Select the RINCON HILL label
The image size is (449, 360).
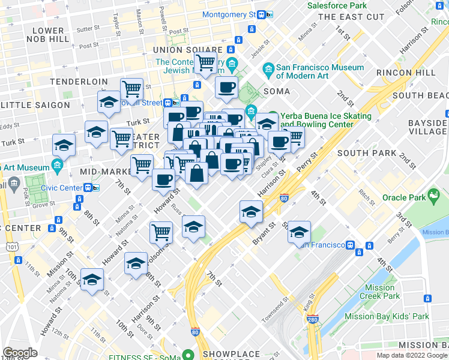(405, 72)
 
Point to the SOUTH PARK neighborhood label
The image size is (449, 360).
(367, 153)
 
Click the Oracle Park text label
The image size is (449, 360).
(403, 197)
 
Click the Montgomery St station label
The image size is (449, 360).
(229, 14)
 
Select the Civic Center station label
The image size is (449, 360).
(62, 187)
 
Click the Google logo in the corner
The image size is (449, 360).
(20, 353)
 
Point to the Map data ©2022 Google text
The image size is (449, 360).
(412, 355)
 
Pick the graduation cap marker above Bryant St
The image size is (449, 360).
(251, 211)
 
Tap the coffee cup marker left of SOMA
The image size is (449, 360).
(226, 87)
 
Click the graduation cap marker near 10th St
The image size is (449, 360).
(92, 279)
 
